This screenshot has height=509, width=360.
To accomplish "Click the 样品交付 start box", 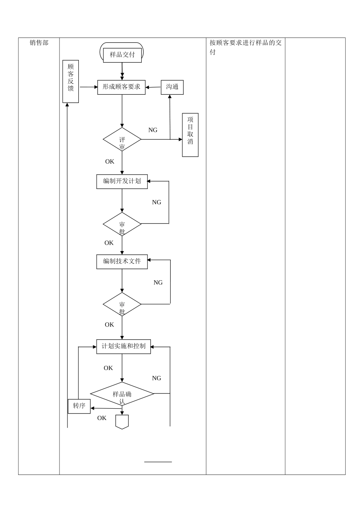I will click(x=122, y=55).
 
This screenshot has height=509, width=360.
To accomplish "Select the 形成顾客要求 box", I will click(x=121, y=87).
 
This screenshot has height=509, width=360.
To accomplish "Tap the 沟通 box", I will click(x=172, y=87).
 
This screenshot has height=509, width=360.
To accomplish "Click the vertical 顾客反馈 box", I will click(x=70, y=81).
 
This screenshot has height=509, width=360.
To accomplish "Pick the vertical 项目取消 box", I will click(x=190, y=135).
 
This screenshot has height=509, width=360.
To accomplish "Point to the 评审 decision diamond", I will click(x=122, y=140).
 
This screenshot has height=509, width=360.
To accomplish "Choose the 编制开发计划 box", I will click(x=122, y=181).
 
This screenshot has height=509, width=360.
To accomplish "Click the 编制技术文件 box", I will click(x=122, y=261).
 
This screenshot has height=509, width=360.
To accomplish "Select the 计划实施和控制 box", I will click(x=124, y=347).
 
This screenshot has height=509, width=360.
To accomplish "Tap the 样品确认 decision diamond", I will click(x=122, y=394).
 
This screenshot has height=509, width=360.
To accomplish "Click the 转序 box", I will click(x=79, y=406).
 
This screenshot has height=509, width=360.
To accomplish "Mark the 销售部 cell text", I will click(x=39, y=43).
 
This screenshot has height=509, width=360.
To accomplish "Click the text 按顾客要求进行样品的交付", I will click(x=246, y=47).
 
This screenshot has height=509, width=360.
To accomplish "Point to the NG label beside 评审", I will click(x=153, y=130).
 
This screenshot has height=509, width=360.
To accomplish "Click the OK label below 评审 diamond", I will click(x=110, y=162).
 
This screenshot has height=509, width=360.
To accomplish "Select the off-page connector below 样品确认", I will click(x=122, y=422).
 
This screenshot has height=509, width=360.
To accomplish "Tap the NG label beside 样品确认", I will click(x=157, y=378).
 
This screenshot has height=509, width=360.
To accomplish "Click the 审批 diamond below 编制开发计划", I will click(x=122, y=224).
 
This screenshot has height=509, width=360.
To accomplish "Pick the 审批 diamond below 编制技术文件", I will click(x=122, y=304).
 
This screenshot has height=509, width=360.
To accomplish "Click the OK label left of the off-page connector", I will click(x=102, y=418).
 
